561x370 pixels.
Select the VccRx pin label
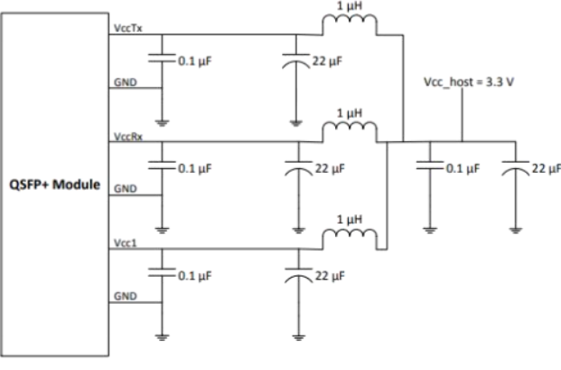(124, 137)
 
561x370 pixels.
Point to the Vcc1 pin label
(122, 243)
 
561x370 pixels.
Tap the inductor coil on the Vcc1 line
(350, 238)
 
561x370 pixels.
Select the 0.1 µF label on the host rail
(462, 168)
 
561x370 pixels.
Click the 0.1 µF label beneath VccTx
(195, 62)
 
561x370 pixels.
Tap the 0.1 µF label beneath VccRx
(195, 168)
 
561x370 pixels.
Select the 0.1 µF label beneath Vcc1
(195, 275)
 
